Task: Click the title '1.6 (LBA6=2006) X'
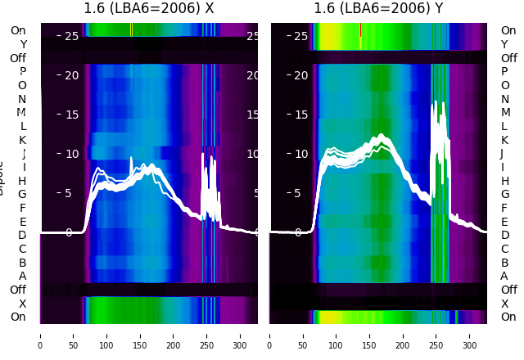149,9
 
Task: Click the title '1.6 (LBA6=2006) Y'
378,9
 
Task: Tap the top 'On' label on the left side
18,30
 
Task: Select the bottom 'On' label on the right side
508,317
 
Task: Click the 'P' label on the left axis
22,71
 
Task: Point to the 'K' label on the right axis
504,140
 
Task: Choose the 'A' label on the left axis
22,276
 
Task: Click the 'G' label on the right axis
504,194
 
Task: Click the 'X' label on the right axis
504,304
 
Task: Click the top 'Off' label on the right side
508,58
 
